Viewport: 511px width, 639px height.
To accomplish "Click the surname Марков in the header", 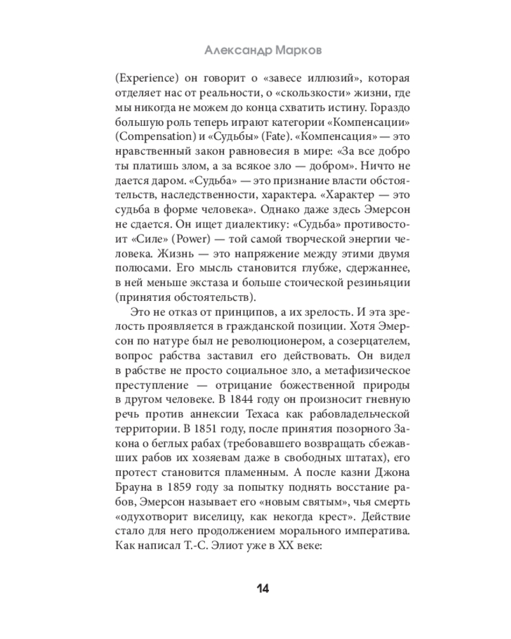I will [300, 49].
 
